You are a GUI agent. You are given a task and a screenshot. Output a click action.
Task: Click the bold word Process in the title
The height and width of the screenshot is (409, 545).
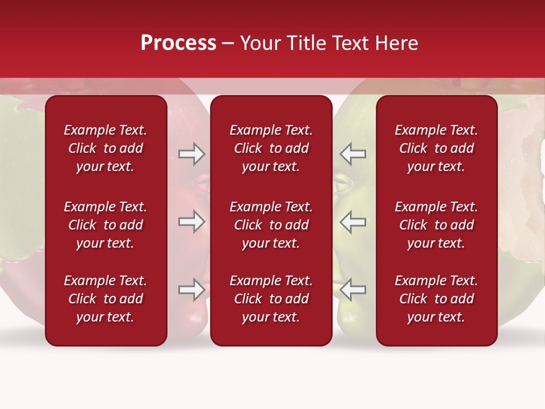pyautogui.click(x=178, y=43)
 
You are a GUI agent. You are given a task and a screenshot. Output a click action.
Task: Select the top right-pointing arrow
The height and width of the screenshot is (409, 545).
pyautogui.click(x=192, y=154)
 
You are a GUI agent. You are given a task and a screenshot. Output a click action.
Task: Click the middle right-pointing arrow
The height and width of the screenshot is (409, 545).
pyautogui.click(x=192, y=222)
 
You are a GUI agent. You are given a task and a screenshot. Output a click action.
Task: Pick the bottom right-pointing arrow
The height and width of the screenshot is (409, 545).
pyautogui.click(x=192, y=290)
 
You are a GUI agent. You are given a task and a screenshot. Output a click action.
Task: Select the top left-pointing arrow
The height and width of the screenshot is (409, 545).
pyautogui.click(x=353, y=154)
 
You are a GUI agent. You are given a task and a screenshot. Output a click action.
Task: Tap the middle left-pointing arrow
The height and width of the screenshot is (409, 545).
pyautogui.click(x=353, y=222)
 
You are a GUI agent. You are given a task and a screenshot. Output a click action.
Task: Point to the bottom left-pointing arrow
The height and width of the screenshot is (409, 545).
pyautogui.click(x=353, y=290)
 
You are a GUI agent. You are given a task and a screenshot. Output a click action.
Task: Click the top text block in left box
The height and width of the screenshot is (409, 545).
pyautogui.click(x=106, y=148)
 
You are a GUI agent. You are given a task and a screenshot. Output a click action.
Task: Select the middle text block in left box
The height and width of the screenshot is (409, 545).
pyautogui.click(x=106, y=225)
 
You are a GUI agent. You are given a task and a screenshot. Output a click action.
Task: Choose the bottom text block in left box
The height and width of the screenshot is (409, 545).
pyautogui.click(x=106, y=299)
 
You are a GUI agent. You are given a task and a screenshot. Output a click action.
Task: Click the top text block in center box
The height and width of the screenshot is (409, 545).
pyautogui.click(x=271, y=148)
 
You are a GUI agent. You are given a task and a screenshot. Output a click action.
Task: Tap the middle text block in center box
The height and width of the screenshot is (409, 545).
pyautogui.click(x=271, y=225)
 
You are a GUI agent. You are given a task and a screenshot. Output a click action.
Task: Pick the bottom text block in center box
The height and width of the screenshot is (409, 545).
pyautogui.click(x=271, y=299)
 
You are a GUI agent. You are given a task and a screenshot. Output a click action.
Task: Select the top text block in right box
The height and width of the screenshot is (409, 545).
pyautogui.click(x=437, y=148)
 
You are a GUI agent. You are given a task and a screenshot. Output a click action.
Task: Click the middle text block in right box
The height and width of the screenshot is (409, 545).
pyautogui.click(x=437, y=225)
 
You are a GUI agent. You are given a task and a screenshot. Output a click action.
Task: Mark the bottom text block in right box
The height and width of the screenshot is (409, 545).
pyautogui.click(x=437, y=299)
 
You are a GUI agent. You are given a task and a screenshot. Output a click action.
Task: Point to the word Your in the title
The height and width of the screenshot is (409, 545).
pyautogui.click(x=261, y=43)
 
